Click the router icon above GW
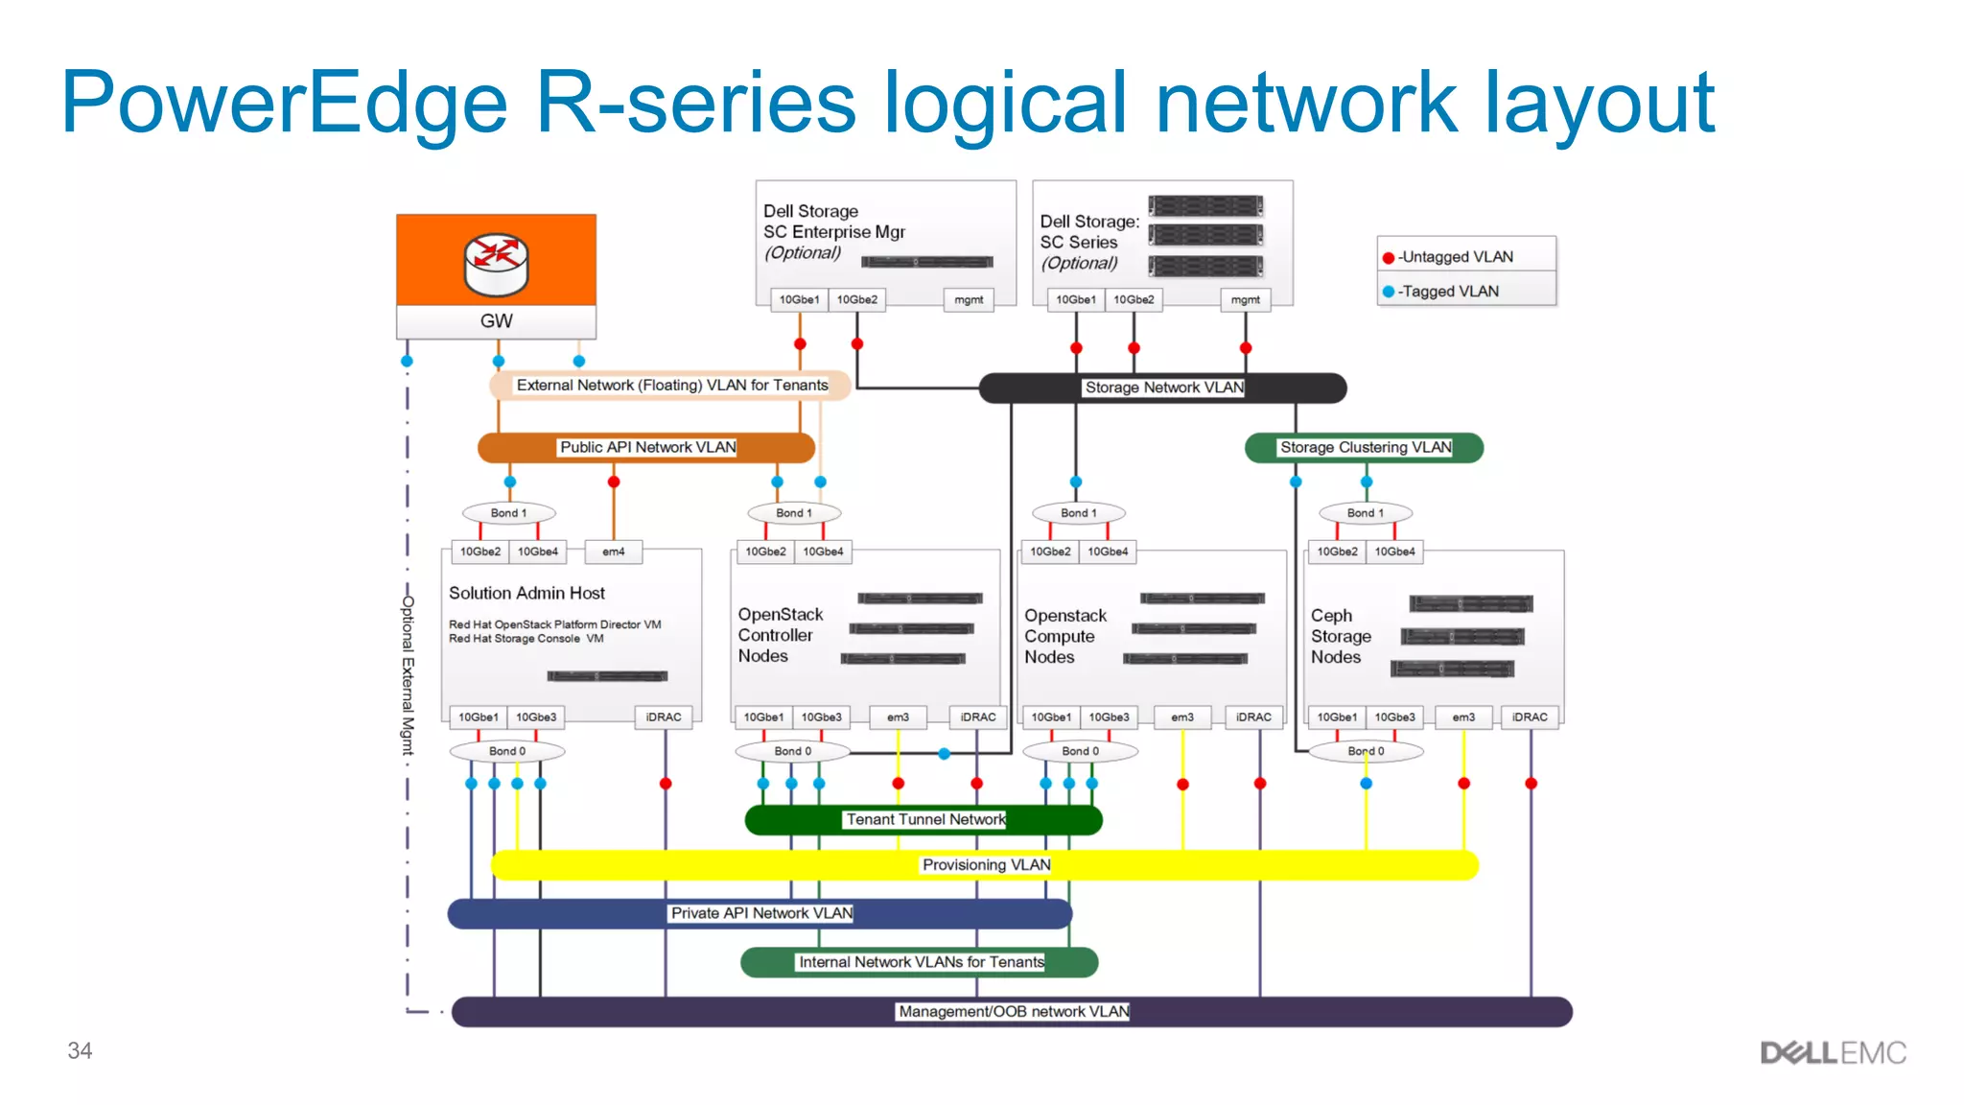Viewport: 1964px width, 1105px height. point(496,264)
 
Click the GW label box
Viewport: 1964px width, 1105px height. point(496,321)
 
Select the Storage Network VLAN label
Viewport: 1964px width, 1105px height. point(1163,388)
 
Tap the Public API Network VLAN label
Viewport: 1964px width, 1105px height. point(647,447)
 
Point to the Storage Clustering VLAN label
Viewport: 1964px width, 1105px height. point(1365,447)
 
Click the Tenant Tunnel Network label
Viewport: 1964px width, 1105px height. point(924,819)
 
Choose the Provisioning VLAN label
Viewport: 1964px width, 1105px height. point(986,864)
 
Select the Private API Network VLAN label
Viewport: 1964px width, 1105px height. point(761,913)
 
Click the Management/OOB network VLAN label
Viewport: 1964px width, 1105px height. point(1013,1011)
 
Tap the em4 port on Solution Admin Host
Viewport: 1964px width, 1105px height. point(613,552)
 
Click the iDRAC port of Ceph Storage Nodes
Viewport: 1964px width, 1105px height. point(1530,717)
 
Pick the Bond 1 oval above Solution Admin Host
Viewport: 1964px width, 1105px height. point(508,513)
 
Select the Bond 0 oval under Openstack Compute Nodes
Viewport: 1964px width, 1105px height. point(1080,751)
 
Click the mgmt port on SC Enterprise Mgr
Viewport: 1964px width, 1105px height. point(968,299)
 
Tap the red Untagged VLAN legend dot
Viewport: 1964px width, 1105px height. point(1388,257)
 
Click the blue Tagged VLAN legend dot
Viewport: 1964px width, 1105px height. point(1388,292)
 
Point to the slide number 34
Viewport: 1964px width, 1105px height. point(80,1050)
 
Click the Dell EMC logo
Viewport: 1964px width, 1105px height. point(1833,1052)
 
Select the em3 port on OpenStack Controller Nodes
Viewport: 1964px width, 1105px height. point(898,717)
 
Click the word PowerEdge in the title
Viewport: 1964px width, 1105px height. point(284,103)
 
